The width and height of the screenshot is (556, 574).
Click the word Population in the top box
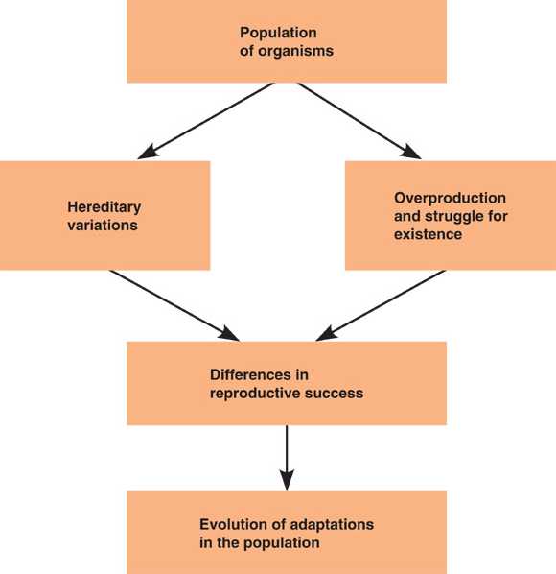(x=278, y=34)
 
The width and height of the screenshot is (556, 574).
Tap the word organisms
(x=295, y=51)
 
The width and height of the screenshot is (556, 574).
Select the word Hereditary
(x=104, y=208)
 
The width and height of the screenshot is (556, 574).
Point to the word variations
(x=103, y=226)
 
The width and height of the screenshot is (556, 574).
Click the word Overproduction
(x=450, y=199)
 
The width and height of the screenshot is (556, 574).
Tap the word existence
(x=428, y=234)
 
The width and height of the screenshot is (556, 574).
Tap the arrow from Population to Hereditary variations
(x=206, y=121)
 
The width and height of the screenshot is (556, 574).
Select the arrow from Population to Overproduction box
(x=359, y=121)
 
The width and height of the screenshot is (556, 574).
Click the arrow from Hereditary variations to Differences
(x=174, y=305)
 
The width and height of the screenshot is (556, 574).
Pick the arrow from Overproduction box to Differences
(x=381, y=305)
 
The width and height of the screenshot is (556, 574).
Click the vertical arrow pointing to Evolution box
(x=287, y=458)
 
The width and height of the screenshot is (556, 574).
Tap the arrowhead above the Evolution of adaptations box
(x=287, y=480)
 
